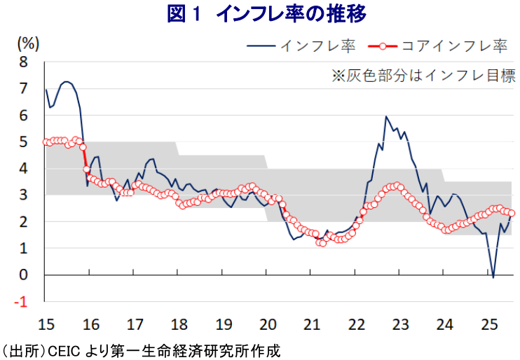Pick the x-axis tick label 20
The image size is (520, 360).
click(x=267, y=324)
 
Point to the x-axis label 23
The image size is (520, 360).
click(x=400, y=324)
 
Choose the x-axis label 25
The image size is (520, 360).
click(x=489, y=324)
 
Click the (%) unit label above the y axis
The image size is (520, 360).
click(x=27, y=43)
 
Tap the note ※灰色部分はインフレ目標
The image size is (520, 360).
click(x=423, y=76)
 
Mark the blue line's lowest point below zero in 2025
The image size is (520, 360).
click(x=493, y=278)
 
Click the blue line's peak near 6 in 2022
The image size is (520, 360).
click(x=386, y=116)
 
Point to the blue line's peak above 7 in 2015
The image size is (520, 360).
click(x=66, y=81)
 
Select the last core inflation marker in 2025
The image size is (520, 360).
click(x=512, y=213)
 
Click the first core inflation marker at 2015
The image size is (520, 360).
click(x=46, y=141)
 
